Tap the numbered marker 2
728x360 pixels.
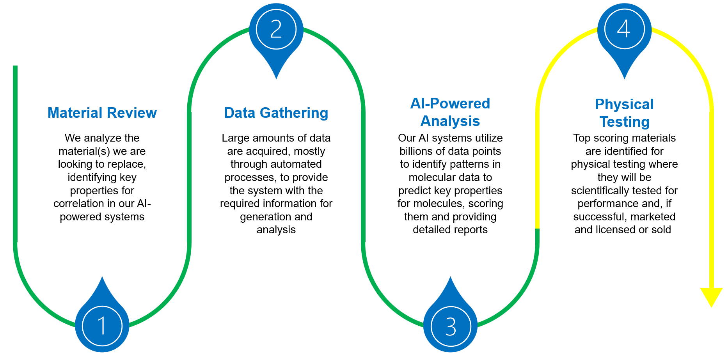276,30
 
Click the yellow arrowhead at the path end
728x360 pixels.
711,297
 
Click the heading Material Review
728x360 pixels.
102,113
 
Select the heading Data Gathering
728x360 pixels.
276,113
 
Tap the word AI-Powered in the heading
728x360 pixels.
450,104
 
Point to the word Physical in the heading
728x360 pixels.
624,105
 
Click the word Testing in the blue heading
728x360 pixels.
624,122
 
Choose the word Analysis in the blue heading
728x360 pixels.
450,121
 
